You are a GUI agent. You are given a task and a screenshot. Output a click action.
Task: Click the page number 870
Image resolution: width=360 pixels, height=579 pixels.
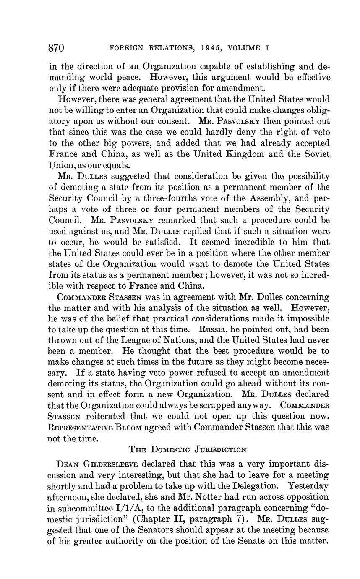(56, 48)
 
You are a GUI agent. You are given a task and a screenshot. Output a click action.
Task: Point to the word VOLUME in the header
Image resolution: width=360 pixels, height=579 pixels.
(244, 48)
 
